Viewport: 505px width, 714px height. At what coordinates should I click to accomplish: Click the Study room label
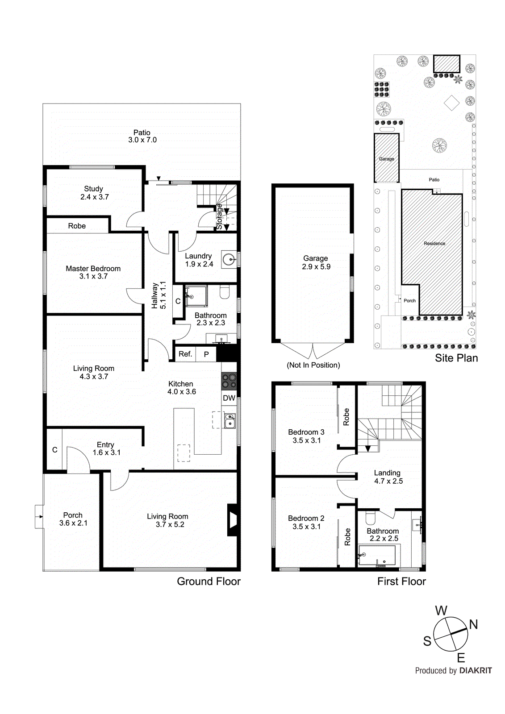point(94,193)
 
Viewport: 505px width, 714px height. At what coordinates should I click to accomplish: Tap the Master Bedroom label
point(93,272)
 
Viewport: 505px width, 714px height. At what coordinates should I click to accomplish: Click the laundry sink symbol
point(229,259)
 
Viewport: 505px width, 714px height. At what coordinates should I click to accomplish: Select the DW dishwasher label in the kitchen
point(229,398)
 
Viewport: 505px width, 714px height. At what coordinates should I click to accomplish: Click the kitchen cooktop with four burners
point(229,381)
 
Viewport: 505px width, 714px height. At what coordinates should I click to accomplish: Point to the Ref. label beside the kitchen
point(185,354)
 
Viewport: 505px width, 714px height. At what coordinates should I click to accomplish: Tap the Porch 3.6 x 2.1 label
point(73,519)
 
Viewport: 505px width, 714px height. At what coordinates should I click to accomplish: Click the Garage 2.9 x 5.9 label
point(316,262)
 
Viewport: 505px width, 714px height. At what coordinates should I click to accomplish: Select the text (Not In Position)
point(313,365)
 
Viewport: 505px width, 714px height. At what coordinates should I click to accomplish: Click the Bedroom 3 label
point(306,436)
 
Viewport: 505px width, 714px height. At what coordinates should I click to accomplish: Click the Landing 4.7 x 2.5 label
point(388,477)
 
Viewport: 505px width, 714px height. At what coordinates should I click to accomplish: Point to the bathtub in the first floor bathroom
point(377,556)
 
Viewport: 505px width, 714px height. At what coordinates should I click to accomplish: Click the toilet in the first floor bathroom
point(371,518)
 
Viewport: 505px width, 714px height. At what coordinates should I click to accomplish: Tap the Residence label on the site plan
point(434,244)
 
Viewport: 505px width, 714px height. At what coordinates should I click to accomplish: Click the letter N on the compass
point(473,624)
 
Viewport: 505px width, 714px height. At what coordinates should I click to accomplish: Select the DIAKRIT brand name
point(476,671)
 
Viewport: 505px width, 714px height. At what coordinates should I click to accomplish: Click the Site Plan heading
point(456,358)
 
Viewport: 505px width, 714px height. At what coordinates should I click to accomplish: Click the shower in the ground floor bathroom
point(196,296)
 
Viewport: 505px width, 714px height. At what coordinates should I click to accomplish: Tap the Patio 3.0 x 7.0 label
point(142,136)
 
